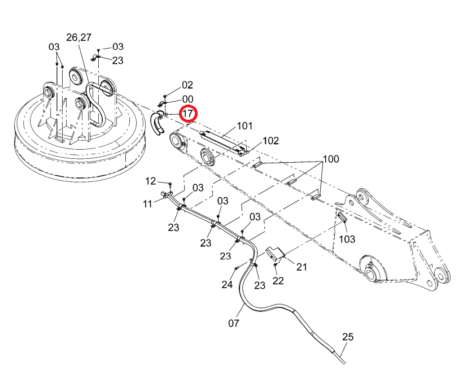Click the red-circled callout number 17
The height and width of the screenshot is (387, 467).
click(x=188, y=114)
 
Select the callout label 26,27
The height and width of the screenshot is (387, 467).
click(x=78, y=37)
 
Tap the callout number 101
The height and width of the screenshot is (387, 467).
click(x=245, y=126)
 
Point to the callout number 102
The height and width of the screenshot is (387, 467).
click(x=270, y=141)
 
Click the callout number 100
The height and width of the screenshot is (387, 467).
click(x=331, y=159)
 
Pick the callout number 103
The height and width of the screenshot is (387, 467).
click(x=347, y=239)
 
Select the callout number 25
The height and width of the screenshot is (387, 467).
click(x=348, y=337)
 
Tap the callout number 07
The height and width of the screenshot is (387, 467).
click(x=234, y=323)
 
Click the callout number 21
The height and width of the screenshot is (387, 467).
click(x=302, y=267)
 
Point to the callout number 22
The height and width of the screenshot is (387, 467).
click(x=278, y=281)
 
